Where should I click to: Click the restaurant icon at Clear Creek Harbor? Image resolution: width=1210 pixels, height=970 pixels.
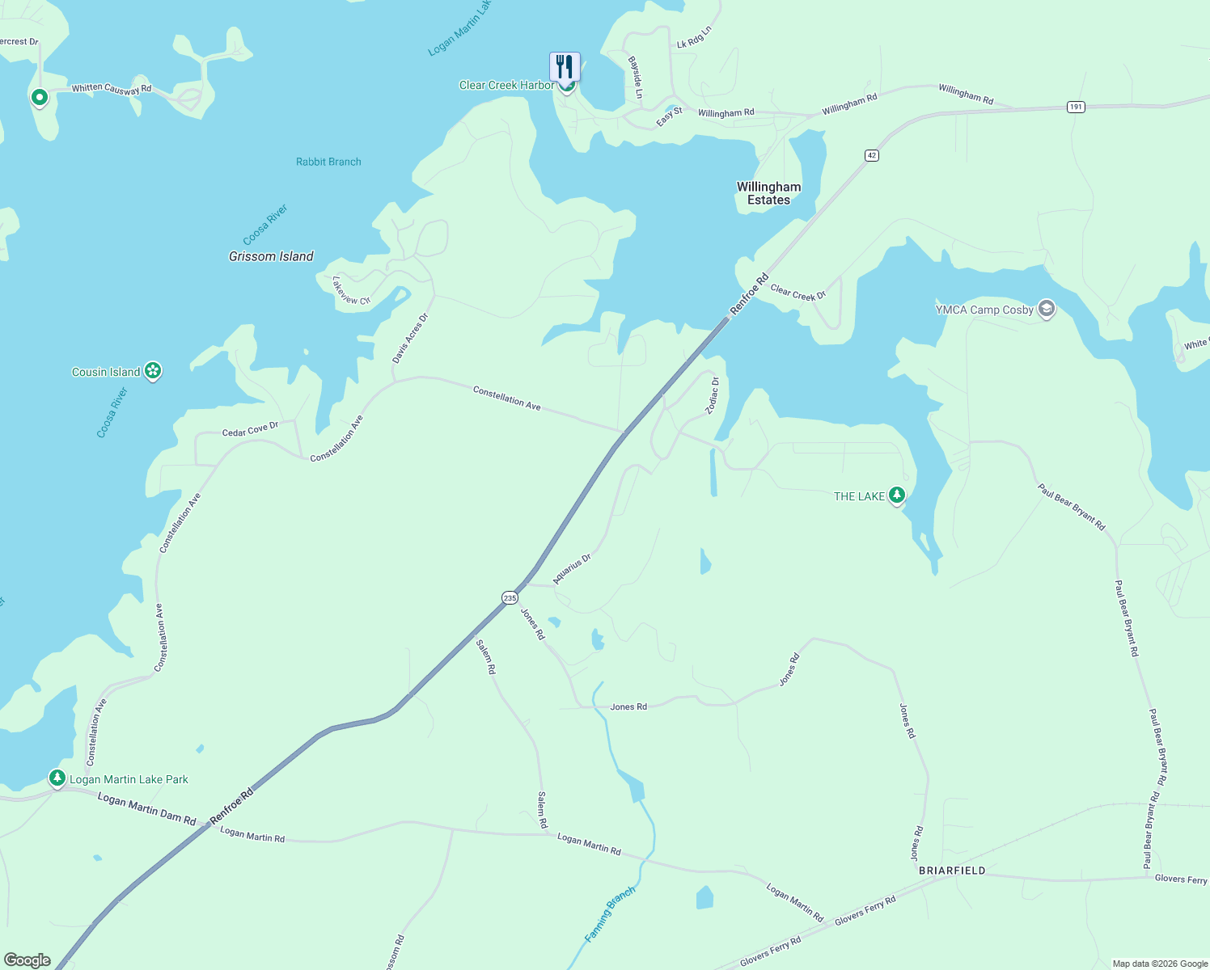pyautogui.click(x=565, y=66)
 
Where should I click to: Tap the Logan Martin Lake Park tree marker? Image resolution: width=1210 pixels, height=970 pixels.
pyautogui.click(x=57, y=778)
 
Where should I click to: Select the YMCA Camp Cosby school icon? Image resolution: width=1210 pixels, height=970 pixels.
pyautogui.click(x=1047, y=309)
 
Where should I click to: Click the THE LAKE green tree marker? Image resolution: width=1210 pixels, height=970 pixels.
pyautogui.click(x=896, y=495)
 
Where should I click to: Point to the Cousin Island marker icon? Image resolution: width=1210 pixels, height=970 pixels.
pyautogui.click(x=153, y=371)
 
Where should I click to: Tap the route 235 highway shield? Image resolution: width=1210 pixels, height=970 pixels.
pyautogui.click(x=510, y=598)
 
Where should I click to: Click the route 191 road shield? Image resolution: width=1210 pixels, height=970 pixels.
pyautogui.click(x=1075, y=107)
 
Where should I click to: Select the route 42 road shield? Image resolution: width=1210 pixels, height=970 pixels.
pyautogui.click(x=871, y=155)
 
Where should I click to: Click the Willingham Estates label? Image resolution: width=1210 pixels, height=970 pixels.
pyautogui.click(x=768, y=193)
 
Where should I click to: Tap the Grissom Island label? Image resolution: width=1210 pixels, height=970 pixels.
pyautogui.click(x=271, y=256)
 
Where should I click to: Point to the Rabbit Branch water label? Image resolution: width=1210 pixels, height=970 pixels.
pyautogui.click(x=328, y=162)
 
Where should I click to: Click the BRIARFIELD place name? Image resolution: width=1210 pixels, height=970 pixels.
pyautogui.click(x=952, y=871)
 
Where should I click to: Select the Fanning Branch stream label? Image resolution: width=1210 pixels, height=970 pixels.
pyautogui.click(x=610, y=913)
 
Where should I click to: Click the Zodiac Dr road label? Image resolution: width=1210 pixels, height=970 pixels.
pyautogui.click(x=712, y=395)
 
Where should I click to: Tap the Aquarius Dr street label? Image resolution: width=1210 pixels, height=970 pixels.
pyautogui.click(x=572, y=568)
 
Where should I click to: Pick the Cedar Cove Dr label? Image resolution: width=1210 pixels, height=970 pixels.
pyautogui.click(x=250, y=428)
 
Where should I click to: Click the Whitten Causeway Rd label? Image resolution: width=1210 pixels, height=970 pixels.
pyautogui.click(x=112, y=89)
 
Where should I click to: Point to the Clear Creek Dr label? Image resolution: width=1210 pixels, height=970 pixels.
pyautogui.click(x=797, y=292)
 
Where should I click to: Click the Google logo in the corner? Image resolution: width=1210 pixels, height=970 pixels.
pyautogui.click(x=27, y=960)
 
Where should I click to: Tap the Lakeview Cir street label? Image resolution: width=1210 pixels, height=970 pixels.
pyautogui.click(x=351, y=290)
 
